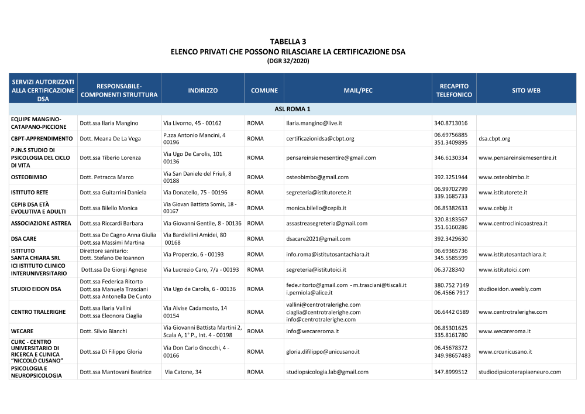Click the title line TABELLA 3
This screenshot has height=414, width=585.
(288, 42)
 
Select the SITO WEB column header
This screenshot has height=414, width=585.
(526, 91)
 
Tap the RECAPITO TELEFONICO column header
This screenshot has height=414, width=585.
(453, 91)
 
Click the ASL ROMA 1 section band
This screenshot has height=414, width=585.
(292, 109)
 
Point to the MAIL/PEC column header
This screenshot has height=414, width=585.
(358, 91)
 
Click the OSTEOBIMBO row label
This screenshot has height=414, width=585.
(29, 177)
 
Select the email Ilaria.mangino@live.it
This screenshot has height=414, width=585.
(314, 123)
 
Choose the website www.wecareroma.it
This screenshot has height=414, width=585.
(504, 331)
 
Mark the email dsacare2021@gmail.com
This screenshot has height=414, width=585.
(318, 239)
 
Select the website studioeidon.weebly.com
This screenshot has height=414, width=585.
(510, 289)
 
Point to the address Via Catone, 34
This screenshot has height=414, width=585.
(183, 372)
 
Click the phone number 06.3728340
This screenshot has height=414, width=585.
(449, 269)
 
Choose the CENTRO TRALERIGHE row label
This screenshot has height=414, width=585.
(38, 312)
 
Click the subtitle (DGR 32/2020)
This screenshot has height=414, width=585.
(288, 60)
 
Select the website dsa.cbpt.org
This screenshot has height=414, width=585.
(494, 139)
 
